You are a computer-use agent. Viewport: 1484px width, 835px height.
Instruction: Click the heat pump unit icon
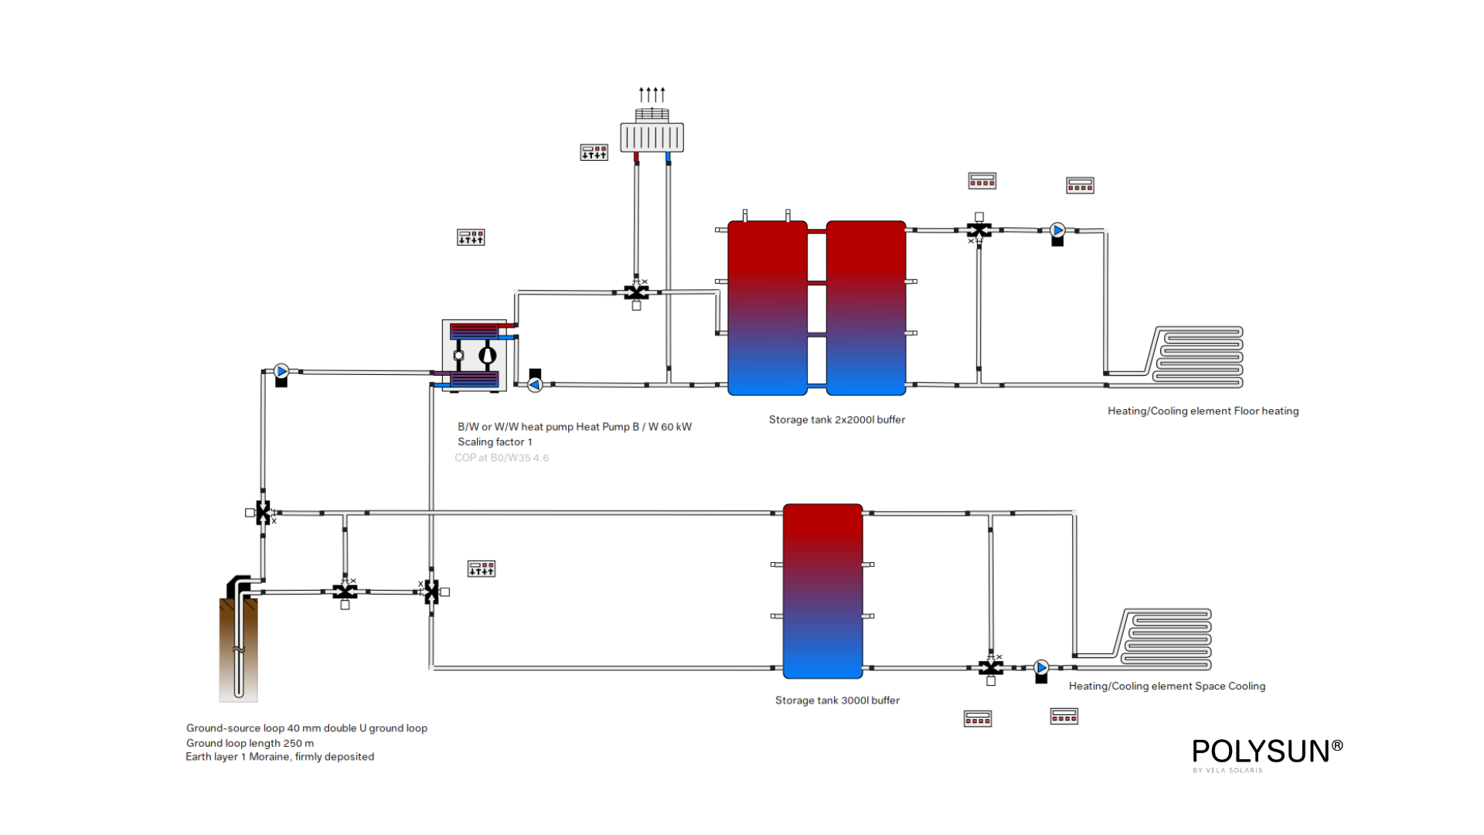474,356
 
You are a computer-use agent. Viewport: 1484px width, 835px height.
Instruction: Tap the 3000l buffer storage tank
822,591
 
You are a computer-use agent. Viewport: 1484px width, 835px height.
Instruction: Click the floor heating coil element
1197,356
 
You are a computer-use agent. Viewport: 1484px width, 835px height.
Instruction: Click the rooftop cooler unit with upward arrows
652,136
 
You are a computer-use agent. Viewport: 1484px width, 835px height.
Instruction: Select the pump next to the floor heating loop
1057,230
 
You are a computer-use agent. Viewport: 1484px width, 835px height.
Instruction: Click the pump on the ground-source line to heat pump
281,372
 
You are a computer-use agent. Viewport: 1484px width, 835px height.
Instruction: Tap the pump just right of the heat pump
535,384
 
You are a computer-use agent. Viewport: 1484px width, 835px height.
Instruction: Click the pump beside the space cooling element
1041,667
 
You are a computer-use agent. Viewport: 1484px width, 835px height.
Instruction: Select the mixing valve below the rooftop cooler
636,292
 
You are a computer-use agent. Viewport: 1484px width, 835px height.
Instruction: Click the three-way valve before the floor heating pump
979,230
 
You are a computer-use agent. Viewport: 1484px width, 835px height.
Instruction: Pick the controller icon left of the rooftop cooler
594,152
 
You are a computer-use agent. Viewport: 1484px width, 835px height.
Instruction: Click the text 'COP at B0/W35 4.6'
501,458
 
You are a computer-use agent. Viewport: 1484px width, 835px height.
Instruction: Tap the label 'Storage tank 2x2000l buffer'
836,420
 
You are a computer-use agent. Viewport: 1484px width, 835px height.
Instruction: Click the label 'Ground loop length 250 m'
250,743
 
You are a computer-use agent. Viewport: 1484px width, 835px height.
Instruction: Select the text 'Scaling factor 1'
495,442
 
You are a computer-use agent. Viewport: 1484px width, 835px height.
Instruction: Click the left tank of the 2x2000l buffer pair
767,308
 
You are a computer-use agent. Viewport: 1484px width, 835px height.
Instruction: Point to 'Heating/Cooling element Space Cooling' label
1166,687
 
